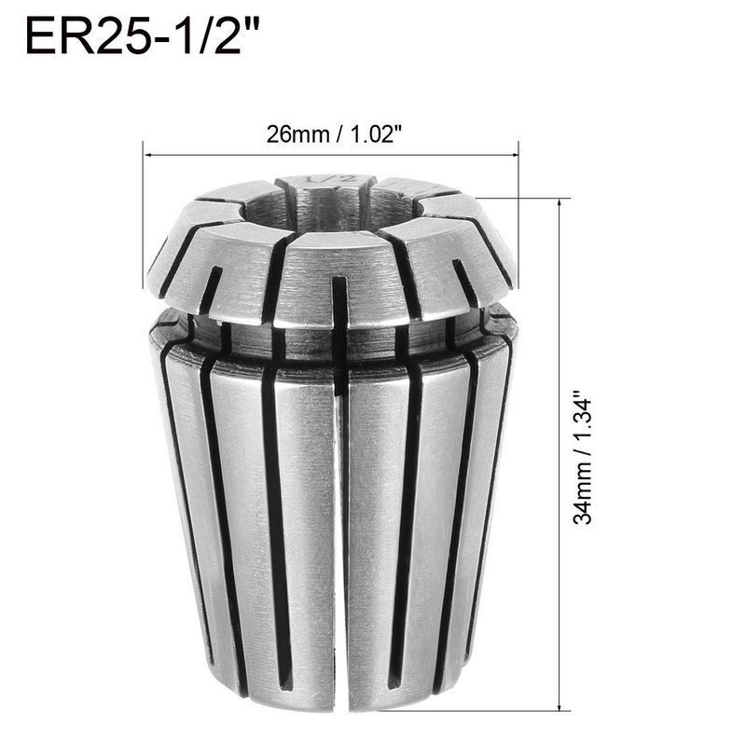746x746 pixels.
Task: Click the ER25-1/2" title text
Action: point(142,36)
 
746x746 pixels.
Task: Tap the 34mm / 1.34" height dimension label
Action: point(583,458)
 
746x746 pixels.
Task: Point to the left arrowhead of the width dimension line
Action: point(147,155)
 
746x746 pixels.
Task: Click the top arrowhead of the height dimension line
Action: point(559,202)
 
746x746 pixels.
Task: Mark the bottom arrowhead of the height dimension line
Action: point(559,707)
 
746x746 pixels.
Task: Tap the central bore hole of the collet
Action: point(328,209)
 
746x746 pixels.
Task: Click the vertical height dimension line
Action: point(559,454)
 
